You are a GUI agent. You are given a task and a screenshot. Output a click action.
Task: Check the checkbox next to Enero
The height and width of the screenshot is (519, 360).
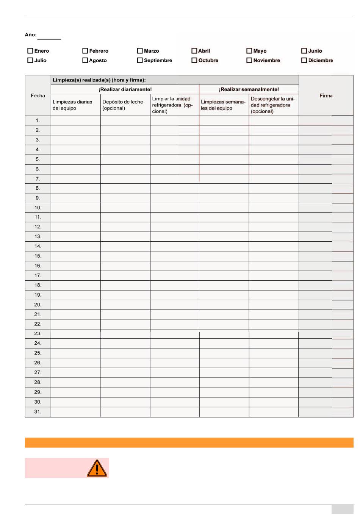pyautogui.click(x=30, y=51)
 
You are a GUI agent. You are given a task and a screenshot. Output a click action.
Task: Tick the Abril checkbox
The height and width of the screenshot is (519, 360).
pyautogui.click(x=194, y=51)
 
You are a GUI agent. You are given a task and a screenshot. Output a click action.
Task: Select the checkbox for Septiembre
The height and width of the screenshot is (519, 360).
pyautogui.click(x=140, y=60)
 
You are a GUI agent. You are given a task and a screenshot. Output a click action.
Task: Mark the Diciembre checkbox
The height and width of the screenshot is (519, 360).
pyautogui.click(x=304, y=60)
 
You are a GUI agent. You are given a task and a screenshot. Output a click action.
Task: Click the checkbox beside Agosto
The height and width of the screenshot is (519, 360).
pyautogui.click(x=85, y=60)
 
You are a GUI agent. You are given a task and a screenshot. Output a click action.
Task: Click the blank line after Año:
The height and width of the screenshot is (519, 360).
pyautogui.click(x=49, y=37)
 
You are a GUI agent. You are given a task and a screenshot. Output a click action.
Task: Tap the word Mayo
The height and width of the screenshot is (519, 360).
pyautogui.click(x=260, y=51)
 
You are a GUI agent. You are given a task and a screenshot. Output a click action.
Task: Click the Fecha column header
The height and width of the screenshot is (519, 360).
pyautogui.click(x=38, y=95)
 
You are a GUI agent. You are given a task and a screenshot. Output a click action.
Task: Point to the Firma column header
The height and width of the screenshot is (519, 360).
pyautogui.click(x=326, y=95)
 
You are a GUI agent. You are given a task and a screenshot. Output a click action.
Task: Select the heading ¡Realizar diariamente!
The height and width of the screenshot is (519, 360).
pyautogui.click(x=125, y=89)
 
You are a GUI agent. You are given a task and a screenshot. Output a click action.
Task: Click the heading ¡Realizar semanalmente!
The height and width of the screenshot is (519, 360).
pyautogui.click(x=249, y=89)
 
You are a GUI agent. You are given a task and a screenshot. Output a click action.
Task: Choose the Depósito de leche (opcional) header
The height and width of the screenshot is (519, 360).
pyautogui.click(x=123, y=105)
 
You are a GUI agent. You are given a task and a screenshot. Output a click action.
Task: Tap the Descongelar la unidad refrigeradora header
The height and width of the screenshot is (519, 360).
pyautogui.click(x=272, y=105)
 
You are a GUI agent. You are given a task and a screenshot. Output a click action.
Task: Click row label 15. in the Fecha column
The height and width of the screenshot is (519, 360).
pyautogui.click(x=38, y=256)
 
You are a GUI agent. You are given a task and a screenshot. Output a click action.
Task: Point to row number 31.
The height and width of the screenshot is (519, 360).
pyautogui.click(x=38, y=412)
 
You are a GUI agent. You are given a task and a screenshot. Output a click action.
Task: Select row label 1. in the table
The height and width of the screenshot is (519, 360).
pyautogui.click(x=38, y=120)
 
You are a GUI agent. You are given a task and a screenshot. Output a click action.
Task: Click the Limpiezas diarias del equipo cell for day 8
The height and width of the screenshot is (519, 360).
pyautogui.click(x=76, y=188)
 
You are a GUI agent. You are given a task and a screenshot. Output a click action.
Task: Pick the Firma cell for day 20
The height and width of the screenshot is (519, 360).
pyautogui.click(x=326, y=305)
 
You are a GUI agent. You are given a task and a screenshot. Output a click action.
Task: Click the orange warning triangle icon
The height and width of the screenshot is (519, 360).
pyautogui.click(x=97, y=468)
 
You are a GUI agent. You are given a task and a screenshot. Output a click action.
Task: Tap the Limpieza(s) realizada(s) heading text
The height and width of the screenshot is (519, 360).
pyautogui.click(x=99, y=80)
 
